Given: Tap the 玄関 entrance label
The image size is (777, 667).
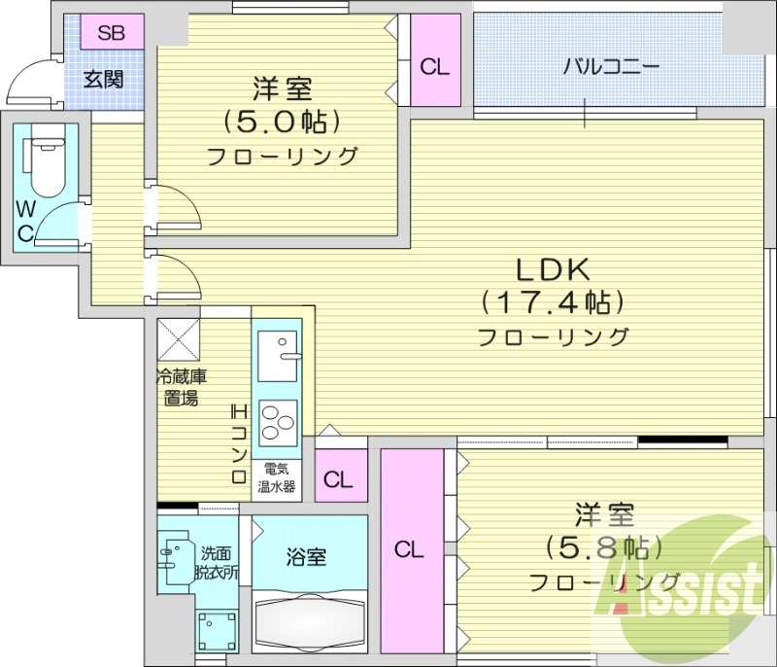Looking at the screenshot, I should tap(103, 79).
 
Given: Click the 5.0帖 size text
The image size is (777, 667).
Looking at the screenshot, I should tap(282, 123).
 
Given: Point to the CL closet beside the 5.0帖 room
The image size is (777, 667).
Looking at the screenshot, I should tap(434, 67).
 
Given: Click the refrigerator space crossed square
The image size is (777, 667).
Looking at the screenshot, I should tap(179, 338).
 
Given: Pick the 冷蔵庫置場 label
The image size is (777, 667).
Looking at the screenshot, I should tap(183, 387).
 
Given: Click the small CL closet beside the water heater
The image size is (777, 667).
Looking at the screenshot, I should tap(339, 478).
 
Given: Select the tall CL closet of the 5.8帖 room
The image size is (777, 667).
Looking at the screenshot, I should tap(409, 550).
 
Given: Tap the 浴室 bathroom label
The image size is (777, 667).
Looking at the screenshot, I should tap(306, 557).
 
